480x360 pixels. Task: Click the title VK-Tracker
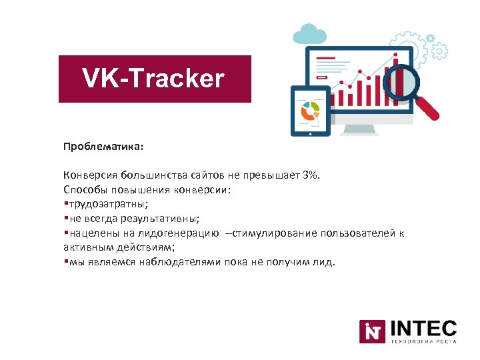[x=154, y=79]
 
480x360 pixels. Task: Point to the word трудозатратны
[x=101, y=204]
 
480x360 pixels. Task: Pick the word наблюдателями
[x=180, y=262]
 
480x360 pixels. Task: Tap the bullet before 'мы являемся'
[x=65, y=262]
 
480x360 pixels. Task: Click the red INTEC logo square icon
[x=372, y=332]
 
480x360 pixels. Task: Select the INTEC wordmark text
[x=423, y=328]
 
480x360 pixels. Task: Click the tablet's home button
[x=310, y=131]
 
